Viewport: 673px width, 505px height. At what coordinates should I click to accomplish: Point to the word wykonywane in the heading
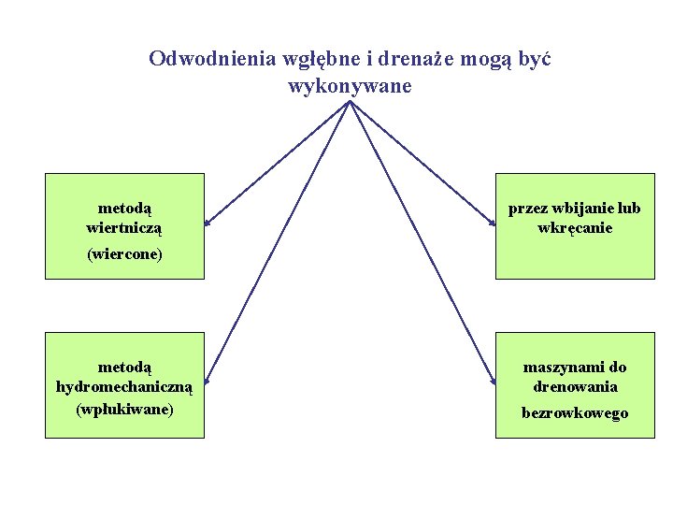point(350,87)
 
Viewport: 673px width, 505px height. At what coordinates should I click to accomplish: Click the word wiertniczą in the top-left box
point(124,227)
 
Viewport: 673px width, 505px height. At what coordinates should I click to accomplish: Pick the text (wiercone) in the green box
point(124,253)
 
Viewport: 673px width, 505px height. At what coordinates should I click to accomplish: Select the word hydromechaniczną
point(124,386)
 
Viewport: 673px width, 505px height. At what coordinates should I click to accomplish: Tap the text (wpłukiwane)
point(124,409)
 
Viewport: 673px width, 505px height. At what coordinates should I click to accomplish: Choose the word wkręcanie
point(575,227)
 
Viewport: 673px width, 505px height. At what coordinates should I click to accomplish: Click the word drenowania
point(575,386)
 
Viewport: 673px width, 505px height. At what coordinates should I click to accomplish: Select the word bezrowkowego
point(575,412)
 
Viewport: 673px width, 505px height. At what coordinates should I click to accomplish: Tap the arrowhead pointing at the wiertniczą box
point(208,223)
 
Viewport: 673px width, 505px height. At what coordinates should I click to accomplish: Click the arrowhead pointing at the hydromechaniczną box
point(208,381)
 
